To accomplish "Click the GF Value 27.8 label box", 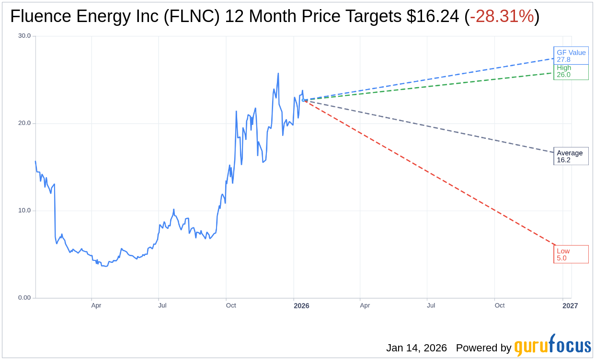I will [571, 56].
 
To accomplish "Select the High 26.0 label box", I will [571, 71].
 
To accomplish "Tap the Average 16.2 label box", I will [571, 156].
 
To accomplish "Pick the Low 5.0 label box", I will [571, 254].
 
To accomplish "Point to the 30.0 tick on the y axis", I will [24, 36].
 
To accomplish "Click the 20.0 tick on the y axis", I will [24, 123].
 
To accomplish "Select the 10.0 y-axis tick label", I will [24, 211].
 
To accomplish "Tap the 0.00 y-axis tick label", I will [24, 298].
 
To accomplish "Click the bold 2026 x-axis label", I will [301, 306].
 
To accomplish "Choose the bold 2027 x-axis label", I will [570, 306].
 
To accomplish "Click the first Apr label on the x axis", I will [96, 305].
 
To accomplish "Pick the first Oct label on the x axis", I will [231, 305].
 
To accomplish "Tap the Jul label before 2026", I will [162, 305].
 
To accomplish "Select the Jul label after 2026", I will [431, 305].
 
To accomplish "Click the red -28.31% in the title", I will [502, 17].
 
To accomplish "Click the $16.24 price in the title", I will [433, 17].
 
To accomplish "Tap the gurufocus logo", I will [552, 346].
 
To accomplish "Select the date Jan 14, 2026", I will [416, 348].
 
